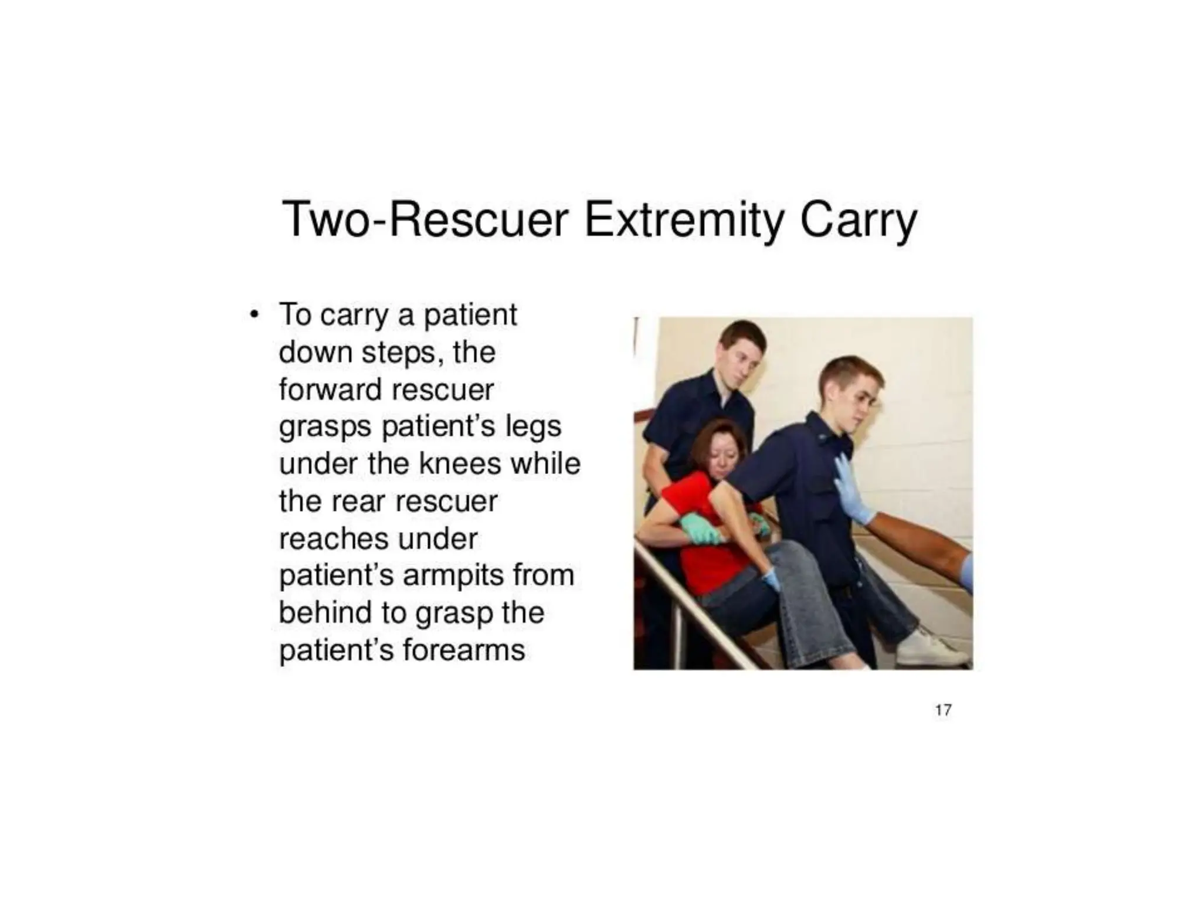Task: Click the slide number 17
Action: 943,710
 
